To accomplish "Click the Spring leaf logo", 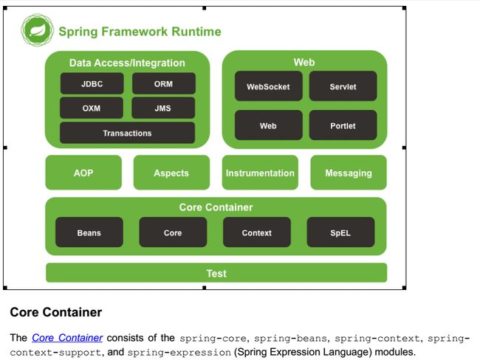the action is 38,30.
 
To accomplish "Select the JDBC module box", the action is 92,83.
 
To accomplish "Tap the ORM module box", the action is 164,83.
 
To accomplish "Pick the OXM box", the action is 92,108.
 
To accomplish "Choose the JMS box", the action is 163,108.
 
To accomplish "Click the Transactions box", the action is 127,133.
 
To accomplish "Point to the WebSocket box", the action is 269,86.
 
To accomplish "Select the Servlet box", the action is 343,86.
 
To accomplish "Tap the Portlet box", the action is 343,125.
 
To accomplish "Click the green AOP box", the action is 83,173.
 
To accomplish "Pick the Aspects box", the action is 172,173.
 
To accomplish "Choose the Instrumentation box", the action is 260,173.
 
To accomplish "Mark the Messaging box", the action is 349,173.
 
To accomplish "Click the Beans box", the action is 89,232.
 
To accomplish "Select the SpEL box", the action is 340,232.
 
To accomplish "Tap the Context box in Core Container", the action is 257,232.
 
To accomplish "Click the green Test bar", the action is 216,273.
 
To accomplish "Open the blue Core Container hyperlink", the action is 67,338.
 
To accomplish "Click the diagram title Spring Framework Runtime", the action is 140,32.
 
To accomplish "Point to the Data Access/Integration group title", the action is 127,63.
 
